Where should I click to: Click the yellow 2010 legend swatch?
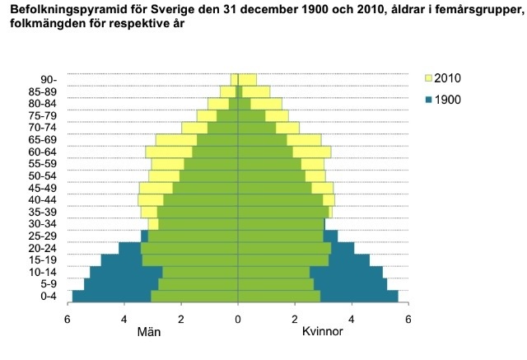pyautogui.click(x=428, y=78)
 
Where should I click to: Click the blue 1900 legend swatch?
pyautogui.click(x=428, y=100)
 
